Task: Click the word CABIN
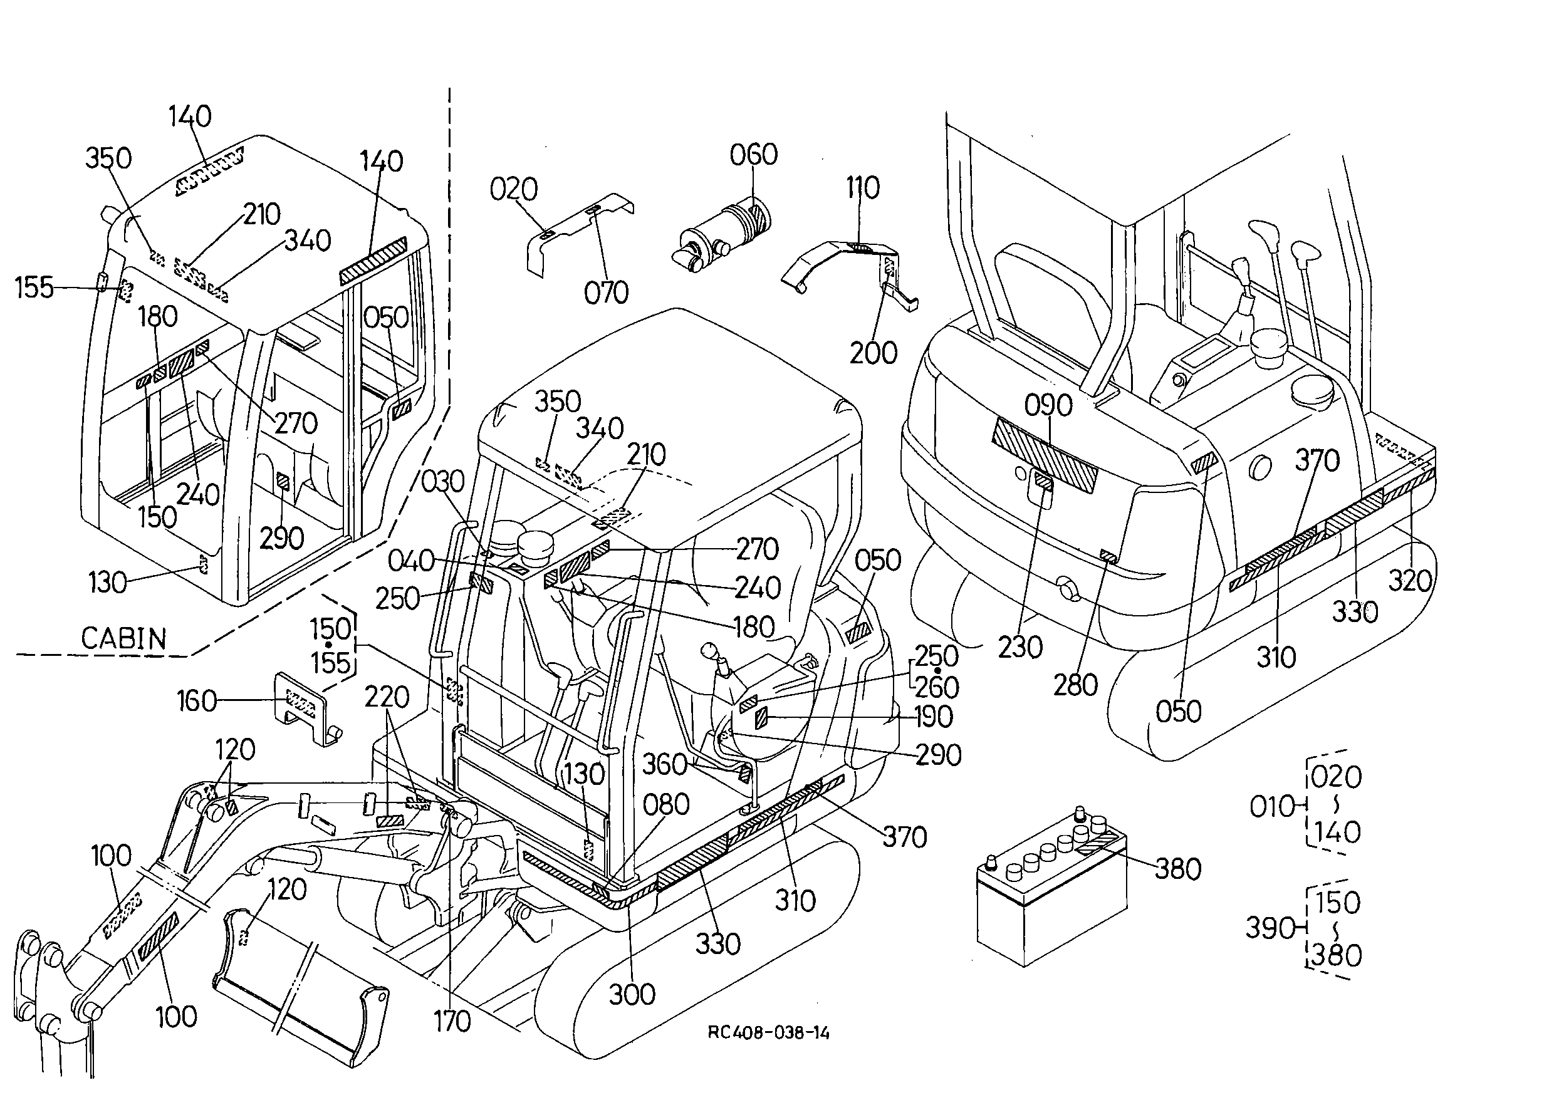click(x=123, y=639)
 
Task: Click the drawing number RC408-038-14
click(x=768, y=1033)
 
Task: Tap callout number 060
click(x=754, y=155)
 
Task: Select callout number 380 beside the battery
click(x=1177, y=869)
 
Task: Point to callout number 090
click(x=1048, y=405)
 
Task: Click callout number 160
click(x=196, y=701)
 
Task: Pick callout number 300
click(x=632, y=995)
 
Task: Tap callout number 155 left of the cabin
click(x=34, y=288)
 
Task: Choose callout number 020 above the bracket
click(x=514, y=189)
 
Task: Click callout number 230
click(x=1020, y=647)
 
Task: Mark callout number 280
click(x=1075, y=685)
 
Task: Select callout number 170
click(x=452, y=1021)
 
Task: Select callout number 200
click(x=873, y=353)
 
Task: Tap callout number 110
click(x=863, y=188)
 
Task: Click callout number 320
click(x=1411, y=581)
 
